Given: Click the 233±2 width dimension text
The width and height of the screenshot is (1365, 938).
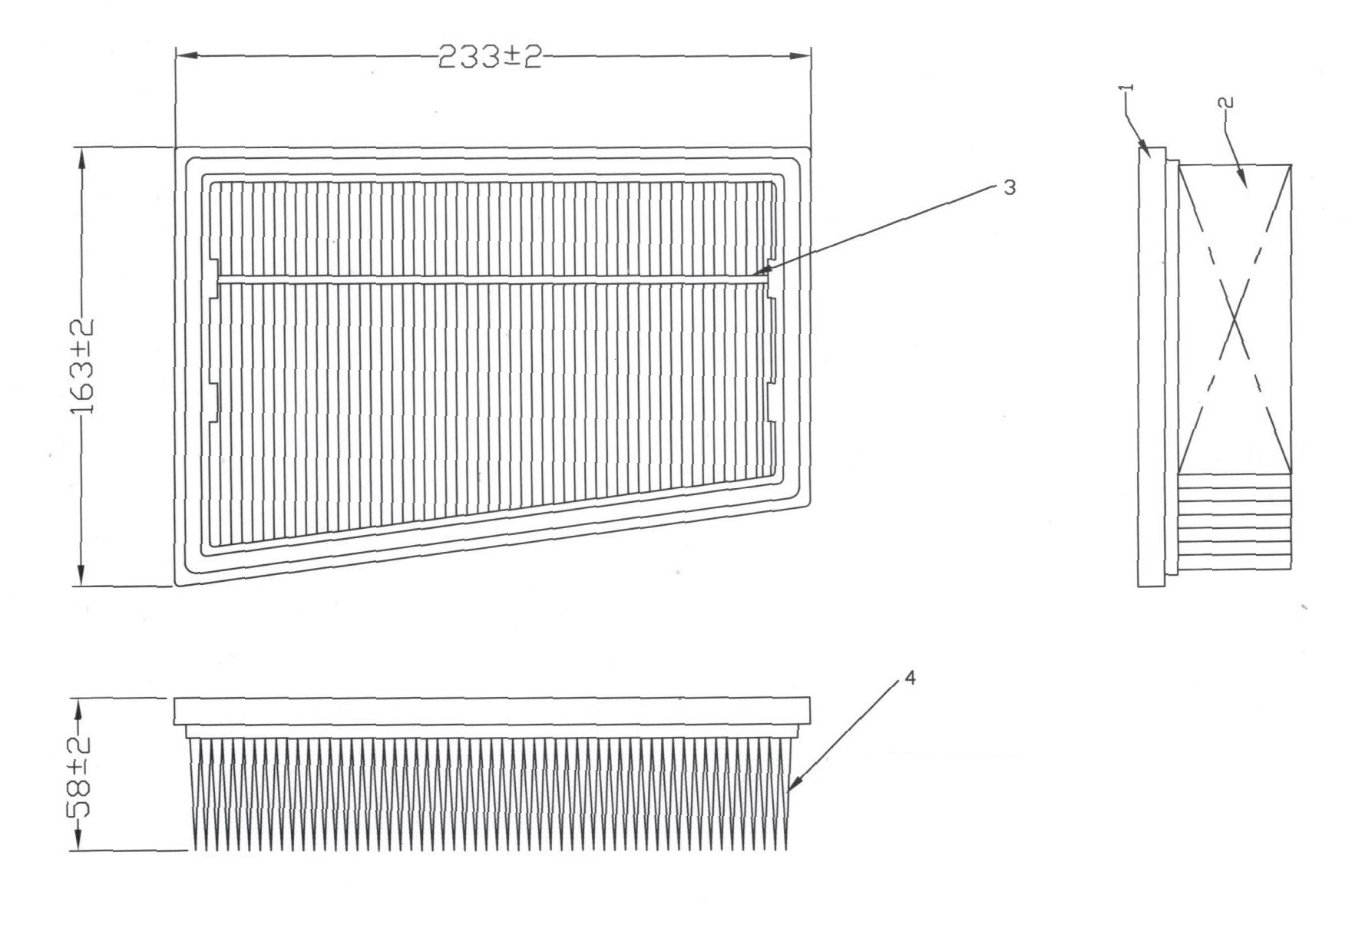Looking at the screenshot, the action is (490, 57).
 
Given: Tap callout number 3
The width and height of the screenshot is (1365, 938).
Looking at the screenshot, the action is (1010, 187).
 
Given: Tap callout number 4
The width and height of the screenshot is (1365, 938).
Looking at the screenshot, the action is (910, 679).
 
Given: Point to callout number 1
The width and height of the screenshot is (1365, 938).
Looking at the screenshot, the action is (1127, 90).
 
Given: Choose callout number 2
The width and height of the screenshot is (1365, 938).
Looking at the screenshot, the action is (1225, 102).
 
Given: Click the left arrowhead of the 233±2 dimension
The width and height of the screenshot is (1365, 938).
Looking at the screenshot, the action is (187, 56).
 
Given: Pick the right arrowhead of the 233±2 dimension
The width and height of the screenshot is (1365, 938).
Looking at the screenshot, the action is (800, 56).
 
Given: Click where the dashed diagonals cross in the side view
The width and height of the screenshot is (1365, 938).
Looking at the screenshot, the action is (1234, 319).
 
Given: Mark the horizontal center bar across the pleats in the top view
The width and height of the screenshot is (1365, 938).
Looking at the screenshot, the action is (491, 279).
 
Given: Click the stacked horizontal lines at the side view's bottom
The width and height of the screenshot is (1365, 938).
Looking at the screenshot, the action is (1233, 522).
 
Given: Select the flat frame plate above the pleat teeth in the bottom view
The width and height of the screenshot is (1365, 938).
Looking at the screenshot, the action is (492, 711).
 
